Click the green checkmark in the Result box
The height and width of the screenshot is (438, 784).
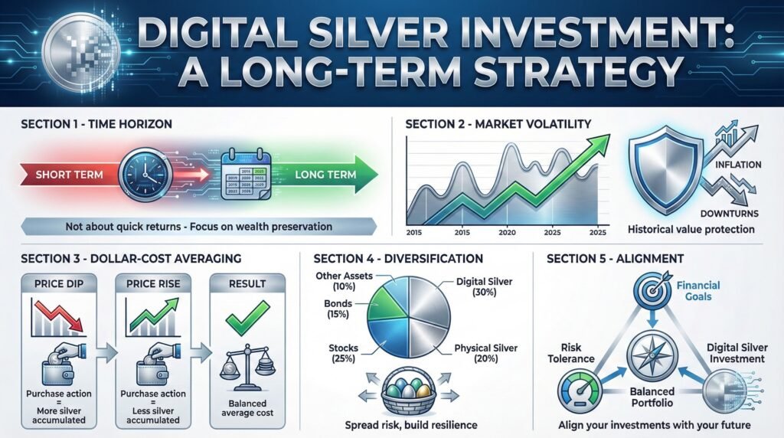pyautogui.click(x=252, y=315)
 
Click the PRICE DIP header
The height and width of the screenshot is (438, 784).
pyautogui.click(x=55, y=283)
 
